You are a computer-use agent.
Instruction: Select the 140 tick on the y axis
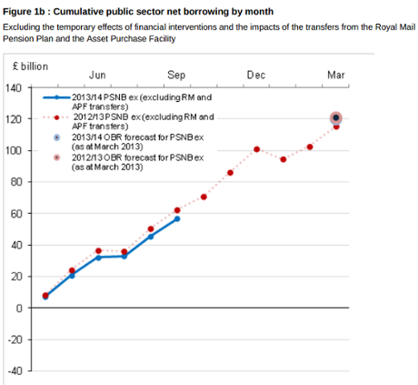[14, 87]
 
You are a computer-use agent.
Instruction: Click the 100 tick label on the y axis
[14, 150]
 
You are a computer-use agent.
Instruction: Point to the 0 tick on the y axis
[18, 308]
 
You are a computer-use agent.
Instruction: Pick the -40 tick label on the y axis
[14, 370]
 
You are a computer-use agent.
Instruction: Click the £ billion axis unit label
[30, 67]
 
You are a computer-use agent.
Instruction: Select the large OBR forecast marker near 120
[336, 117]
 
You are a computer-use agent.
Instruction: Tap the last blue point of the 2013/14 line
[177, 218]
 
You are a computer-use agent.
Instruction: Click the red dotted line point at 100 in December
[257, 149]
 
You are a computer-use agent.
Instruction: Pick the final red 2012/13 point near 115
[336, 127]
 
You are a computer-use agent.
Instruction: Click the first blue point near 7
[45, 297]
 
